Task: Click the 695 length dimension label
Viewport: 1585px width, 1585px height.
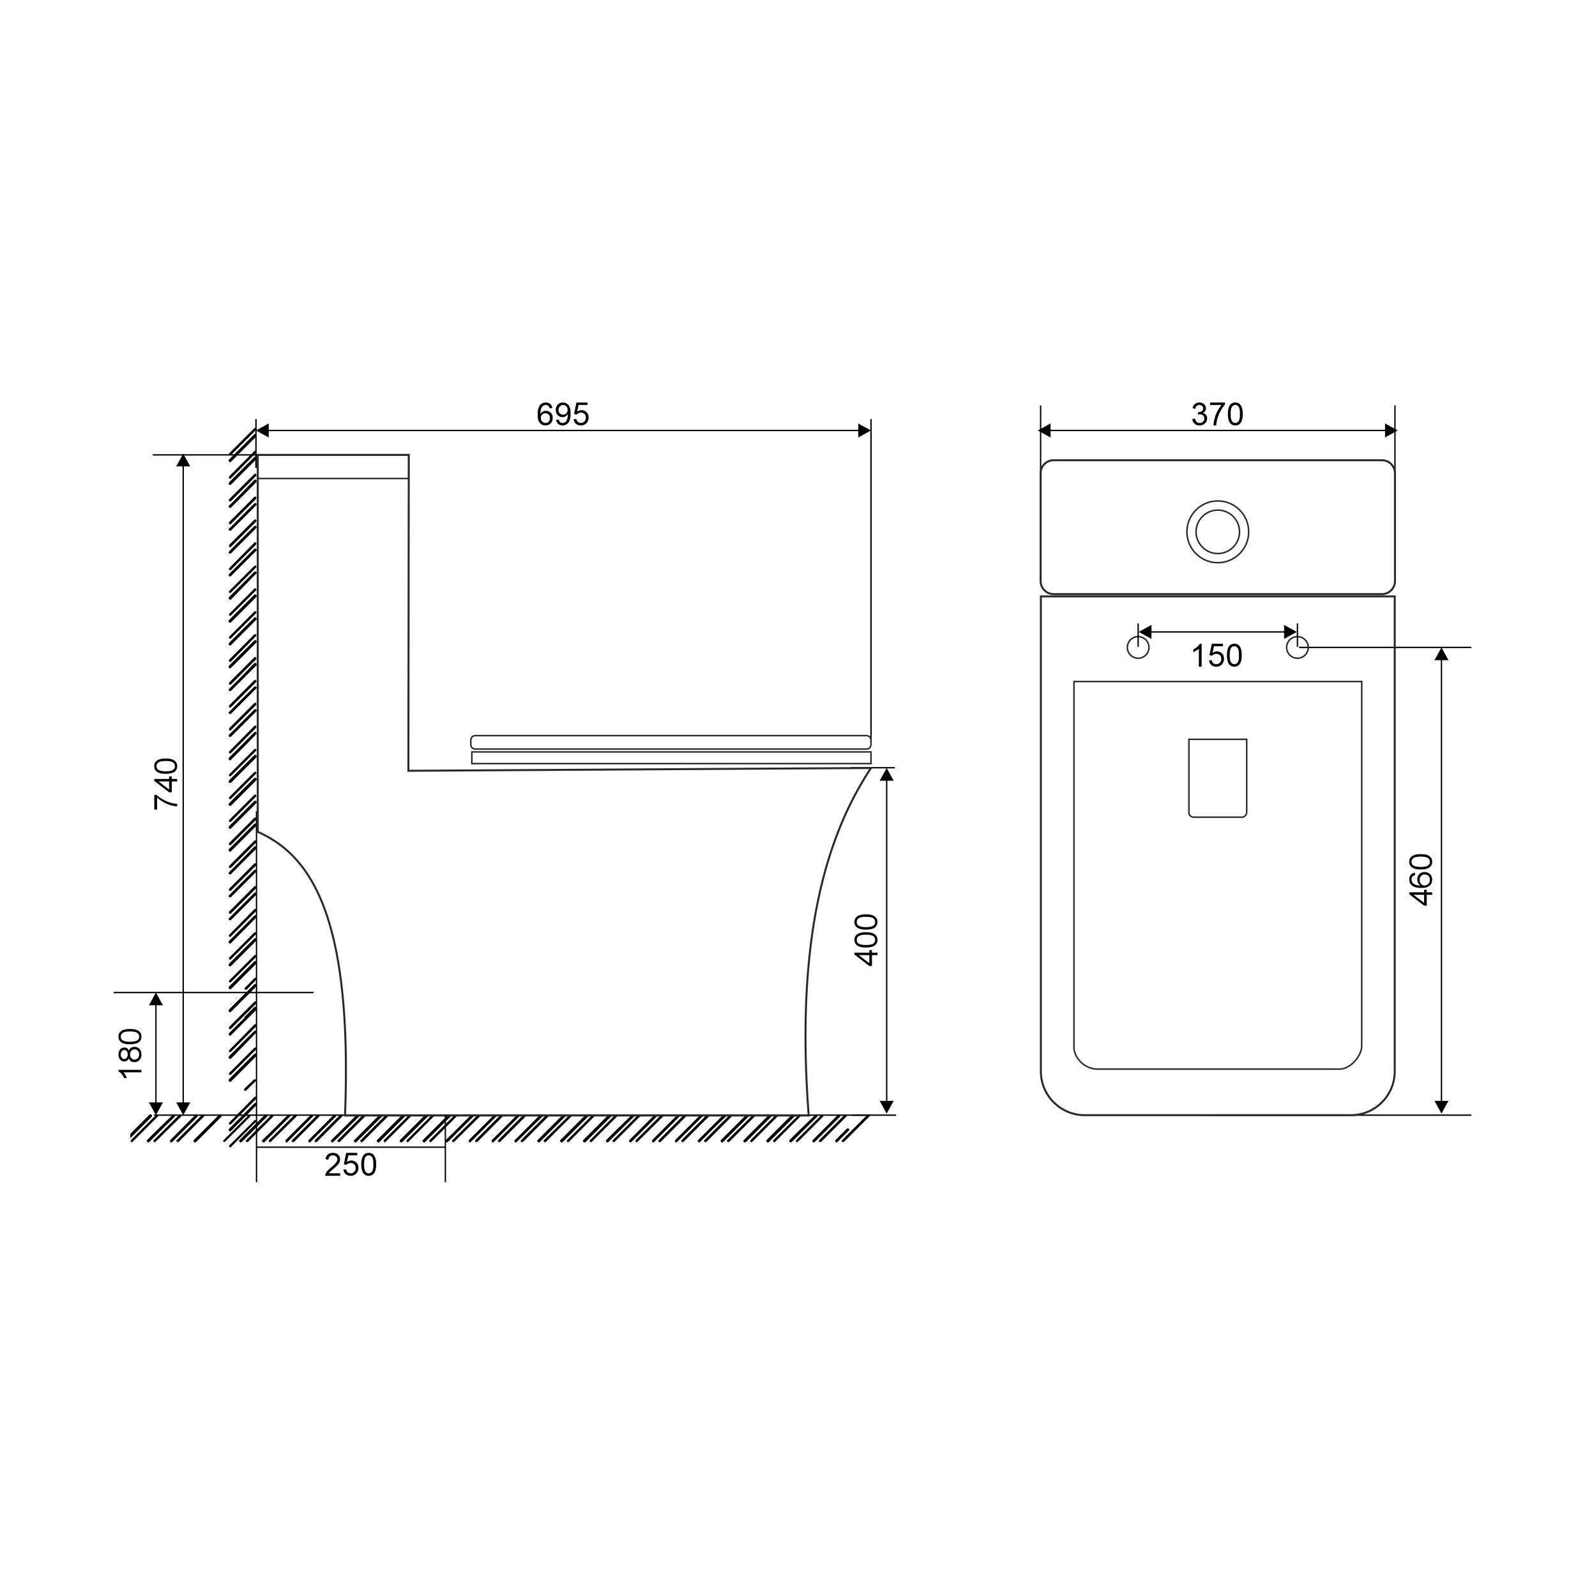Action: [x=563, y=415]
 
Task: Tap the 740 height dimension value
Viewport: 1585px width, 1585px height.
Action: [x=167, y=784]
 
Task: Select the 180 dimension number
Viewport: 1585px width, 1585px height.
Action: [x=132, y=1054]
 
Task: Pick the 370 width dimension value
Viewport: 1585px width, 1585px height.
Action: [x=1217, y=415]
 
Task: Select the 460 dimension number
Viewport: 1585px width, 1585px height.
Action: [x=1421, y=880]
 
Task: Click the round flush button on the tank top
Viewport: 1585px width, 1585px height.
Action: [x=1217, y=531]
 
